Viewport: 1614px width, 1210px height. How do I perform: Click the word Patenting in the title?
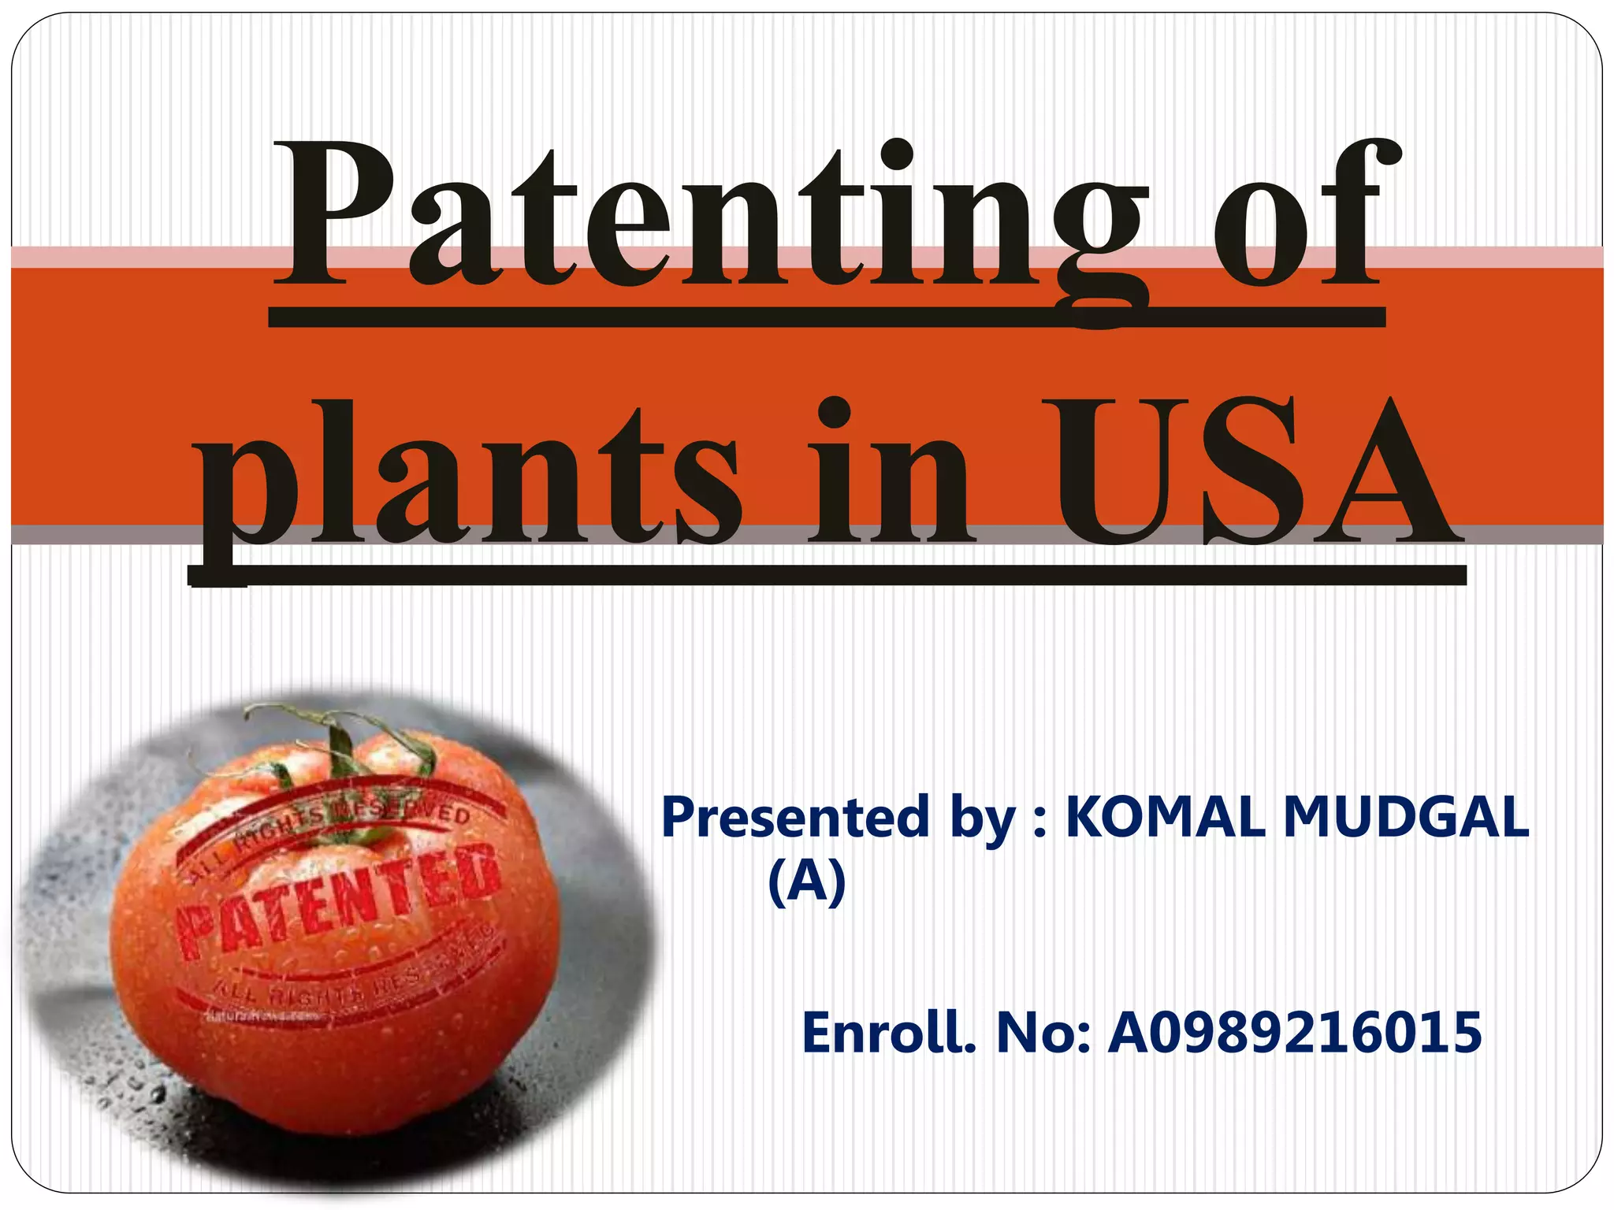[713, 217]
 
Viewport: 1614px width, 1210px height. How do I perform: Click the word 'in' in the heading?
[891, 477]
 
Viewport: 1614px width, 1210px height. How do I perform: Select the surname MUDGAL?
[1406, 817]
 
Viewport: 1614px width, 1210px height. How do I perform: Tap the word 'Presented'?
[796, 817]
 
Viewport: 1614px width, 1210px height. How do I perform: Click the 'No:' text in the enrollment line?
[1043, 1033]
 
